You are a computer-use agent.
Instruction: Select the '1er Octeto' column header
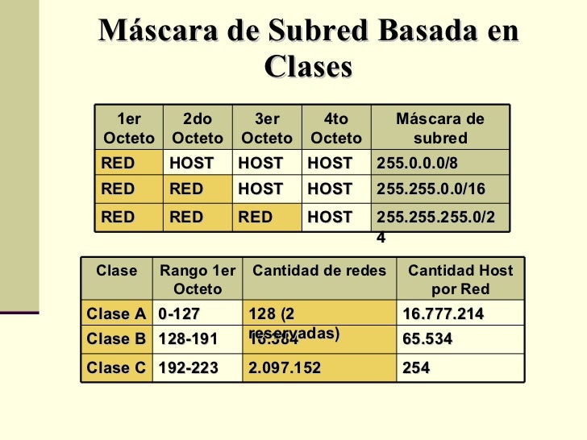coord(129,129)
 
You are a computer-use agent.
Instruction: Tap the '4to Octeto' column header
coord(335,129)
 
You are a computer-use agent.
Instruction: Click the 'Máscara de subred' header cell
coord(439,129)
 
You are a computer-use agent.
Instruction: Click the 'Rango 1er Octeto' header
coord(198,280)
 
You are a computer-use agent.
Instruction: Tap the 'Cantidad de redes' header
coord(321,272)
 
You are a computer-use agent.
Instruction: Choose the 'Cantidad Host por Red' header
coord(460,280)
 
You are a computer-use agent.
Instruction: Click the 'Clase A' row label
coord(116,314)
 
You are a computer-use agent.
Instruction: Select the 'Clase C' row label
coord(116,368)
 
